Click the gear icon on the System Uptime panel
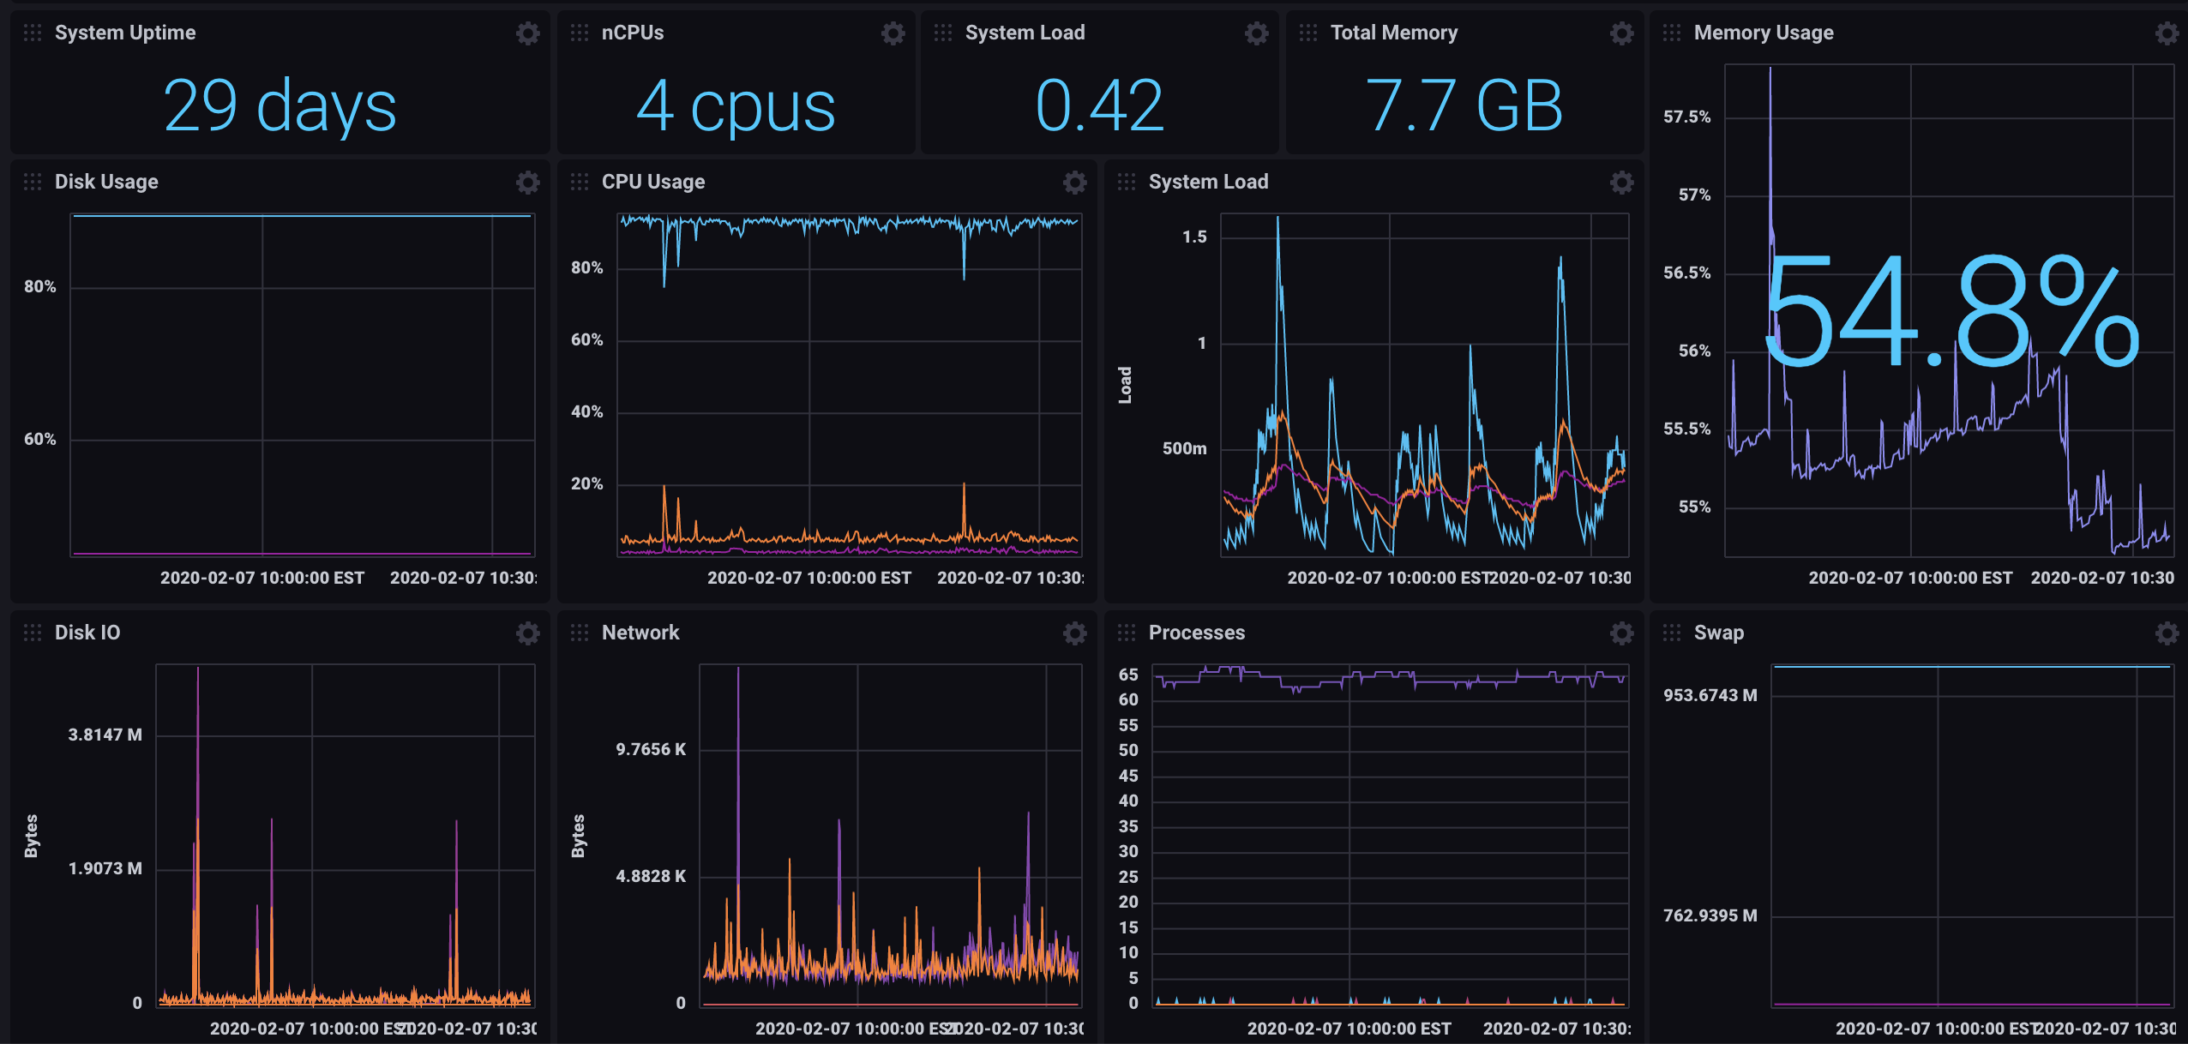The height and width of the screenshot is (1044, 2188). click(x=527, y=33)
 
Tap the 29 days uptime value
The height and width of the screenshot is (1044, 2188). click(x=280, y=106)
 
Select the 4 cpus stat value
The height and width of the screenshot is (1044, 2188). click(x=736, y=106)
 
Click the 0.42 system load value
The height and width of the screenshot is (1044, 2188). click(x=1099, y=106)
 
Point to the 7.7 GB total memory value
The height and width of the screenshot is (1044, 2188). click(x=1464, y=106)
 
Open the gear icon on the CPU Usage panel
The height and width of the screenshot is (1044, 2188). click(x=1074, y=182)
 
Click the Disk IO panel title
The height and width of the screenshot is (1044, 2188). click(x=87, y=633)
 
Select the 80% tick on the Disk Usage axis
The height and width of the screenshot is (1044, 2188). click(x=39, y=286)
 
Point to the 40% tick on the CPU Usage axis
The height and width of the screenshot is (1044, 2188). click(x=586, y=411)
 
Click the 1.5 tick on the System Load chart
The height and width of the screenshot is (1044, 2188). click(x=1194, y=237)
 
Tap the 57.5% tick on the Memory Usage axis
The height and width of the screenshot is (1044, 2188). click(x=1686, y=117)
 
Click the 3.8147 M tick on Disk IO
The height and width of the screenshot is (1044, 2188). click(x=105, y=735)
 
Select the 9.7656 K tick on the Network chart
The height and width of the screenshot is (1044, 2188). click(x=651, y=749)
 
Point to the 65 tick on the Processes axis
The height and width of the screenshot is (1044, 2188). click(x=1128, y=675)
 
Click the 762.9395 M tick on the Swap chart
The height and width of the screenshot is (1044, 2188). click(x=1710, y=915)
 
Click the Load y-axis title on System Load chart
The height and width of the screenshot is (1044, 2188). click(x=1125, y=385)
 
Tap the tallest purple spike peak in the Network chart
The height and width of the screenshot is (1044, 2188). click(x=738, y=670)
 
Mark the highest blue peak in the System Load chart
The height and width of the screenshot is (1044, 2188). click(x=1277, y=219)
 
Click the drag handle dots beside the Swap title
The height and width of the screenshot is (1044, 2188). click(x=1671, y=633)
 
